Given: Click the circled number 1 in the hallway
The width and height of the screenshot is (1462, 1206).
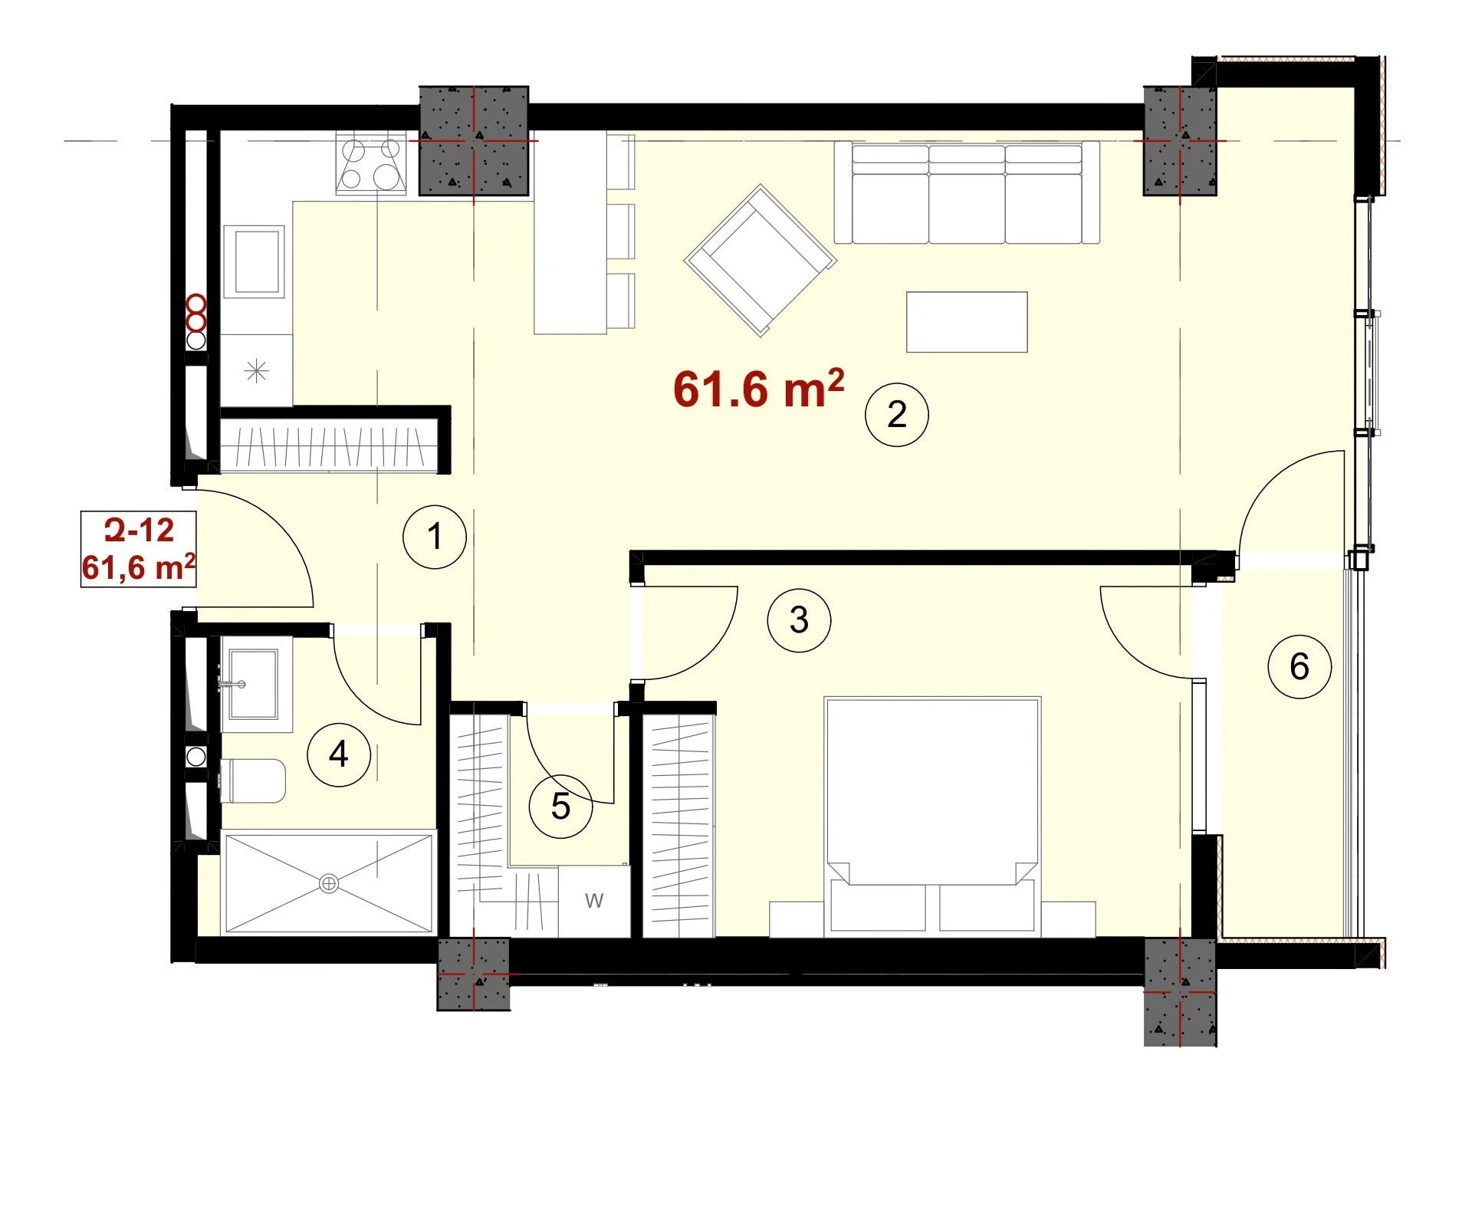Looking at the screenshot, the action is coord(435,536).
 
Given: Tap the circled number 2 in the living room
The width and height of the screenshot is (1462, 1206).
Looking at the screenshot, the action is coord(896,415).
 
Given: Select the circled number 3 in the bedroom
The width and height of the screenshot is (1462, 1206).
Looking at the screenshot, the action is coord(799,619).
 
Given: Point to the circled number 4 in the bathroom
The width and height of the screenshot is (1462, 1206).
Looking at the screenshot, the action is coord(338,754).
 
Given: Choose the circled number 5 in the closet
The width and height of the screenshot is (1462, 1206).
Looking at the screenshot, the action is coord(560,807).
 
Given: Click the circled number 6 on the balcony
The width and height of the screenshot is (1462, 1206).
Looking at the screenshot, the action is coord(1299,666).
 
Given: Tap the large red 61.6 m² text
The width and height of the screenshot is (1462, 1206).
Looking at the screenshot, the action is coord(758,389).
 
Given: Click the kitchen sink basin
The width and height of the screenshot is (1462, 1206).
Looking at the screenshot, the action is coord(254,262).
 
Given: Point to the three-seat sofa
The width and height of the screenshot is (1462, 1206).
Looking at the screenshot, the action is coord(967,192).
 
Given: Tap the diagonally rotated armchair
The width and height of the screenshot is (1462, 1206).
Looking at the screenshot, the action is coord(760,260).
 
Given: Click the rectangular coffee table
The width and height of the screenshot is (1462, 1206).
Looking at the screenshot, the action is coord(967,322).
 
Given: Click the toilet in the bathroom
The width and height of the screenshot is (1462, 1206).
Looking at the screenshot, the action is coord(252,781).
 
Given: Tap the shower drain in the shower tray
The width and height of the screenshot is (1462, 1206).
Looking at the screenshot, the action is coord(329,884).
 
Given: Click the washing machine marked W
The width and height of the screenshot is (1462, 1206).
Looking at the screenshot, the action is coord(594,901).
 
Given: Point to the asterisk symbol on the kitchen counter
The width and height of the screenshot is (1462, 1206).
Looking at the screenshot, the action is coord(256,372).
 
